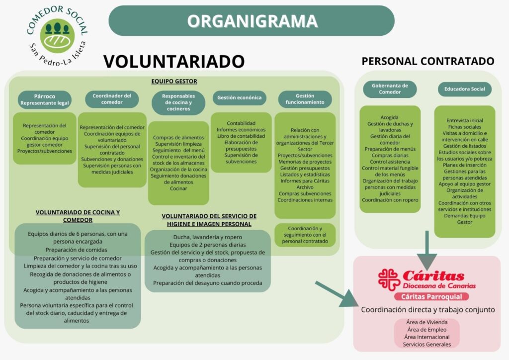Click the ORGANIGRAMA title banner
point(252,21)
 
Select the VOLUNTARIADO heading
point(174,61)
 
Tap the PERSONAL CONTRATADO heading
point(427,61)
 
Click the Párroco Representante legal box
point(45,99)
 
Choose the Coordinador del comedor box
point(112,99)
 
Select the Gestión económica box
point(239,98)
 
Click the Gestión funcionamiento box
point(305,99)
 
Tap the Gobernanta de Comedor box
point(390,89)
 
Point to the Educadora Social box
point(464,90)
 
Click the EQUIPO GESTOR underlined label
point(174,82)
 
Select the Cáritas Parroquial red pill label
point(431,297)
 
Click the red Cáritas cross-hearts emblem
point(389,280)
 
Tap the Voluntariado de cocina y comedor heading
point(78,216)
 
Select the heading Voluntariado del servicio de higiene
point(209,220)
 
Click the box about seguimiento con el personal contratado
point(305,235)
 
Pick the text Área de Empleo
point(427,329)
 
